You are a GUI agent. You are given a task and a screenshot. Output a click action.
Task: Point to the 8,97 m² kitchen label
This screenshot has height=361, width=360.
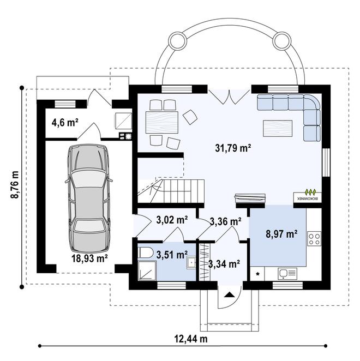pyautogui.click(x=281, y=234)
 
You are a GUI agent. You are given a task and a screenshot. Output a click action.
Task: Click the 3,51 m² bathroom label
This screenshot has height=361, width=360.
pyautogui.click(x=172, y=254)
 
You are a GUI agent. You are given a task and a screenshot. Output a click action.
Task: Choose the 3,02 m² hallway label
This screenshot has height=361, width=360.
pyautogui.click(x=172, y=220)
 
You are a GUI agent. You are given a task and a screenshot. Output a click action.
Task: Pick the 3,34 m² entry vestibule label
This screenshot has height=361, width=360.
pyautogui.click(x=224, y=264)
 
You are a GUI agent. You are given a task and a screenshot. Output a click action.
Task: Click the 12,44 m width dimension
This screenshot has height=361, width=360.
pyautogui.click(x=191, y=339)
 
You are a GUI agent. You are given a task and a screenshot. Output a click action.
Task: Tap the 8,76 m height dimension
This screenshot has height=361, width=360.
pyautogui.click(x=14, y=186)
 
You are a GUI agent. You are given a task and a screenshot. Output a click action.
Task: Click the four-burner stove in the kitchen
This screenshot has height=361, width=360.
pyautogui.click(x=314, y=238)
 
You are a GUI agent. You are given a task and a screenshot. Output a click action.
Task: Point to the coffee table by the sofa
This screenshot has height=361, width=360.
pyautogui.click(x=277, y=128)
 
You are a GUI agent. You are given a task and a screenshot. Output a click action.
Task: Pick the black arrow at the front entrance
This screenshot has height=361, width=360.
pyautogui.click(x=229, y=296)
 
